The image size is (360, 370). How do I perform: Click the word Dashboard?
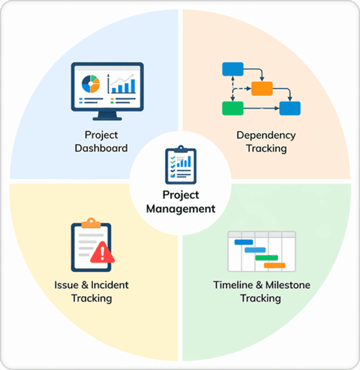(101, 148)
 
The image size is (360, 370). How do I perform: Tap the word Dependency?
(266, 136)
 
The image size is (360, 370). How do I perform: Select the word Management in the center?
(181, 209)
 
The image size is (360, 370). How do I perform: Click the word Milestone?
(288, 285)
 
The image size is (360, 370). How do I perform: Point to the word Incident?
(110, 285)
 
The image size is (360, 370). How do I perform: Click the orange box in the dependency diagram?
(262, 89)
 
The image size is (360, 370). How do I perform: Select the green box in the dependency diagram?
(232, 108)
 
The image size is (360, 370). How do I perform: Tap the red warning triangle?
(102, 253)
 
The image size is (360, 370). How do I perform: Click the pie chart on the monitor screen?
(91, 84)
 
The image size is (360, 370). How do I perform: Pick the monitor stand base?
(107, 119)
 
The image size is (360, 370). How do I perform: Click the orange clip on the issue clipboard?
(91, 223)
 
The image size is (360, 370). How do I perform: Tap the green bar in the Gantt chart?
(266, 258)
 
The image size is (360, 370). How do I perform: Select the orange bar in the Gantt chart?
(275, 266)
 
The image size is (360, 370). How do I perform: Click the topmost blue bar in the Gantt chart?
(244, 242)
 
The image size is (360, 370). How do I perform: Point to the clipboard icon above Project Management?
(181, 165)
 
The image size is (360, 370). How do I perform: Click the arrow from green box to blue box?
(261, 108)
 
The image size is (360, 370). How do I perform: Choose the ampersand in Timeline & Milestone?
(259, 285)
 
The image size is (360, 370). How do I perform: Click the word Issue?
(66, 285)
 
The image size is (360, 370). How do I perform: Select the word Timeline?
(233, 285)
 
